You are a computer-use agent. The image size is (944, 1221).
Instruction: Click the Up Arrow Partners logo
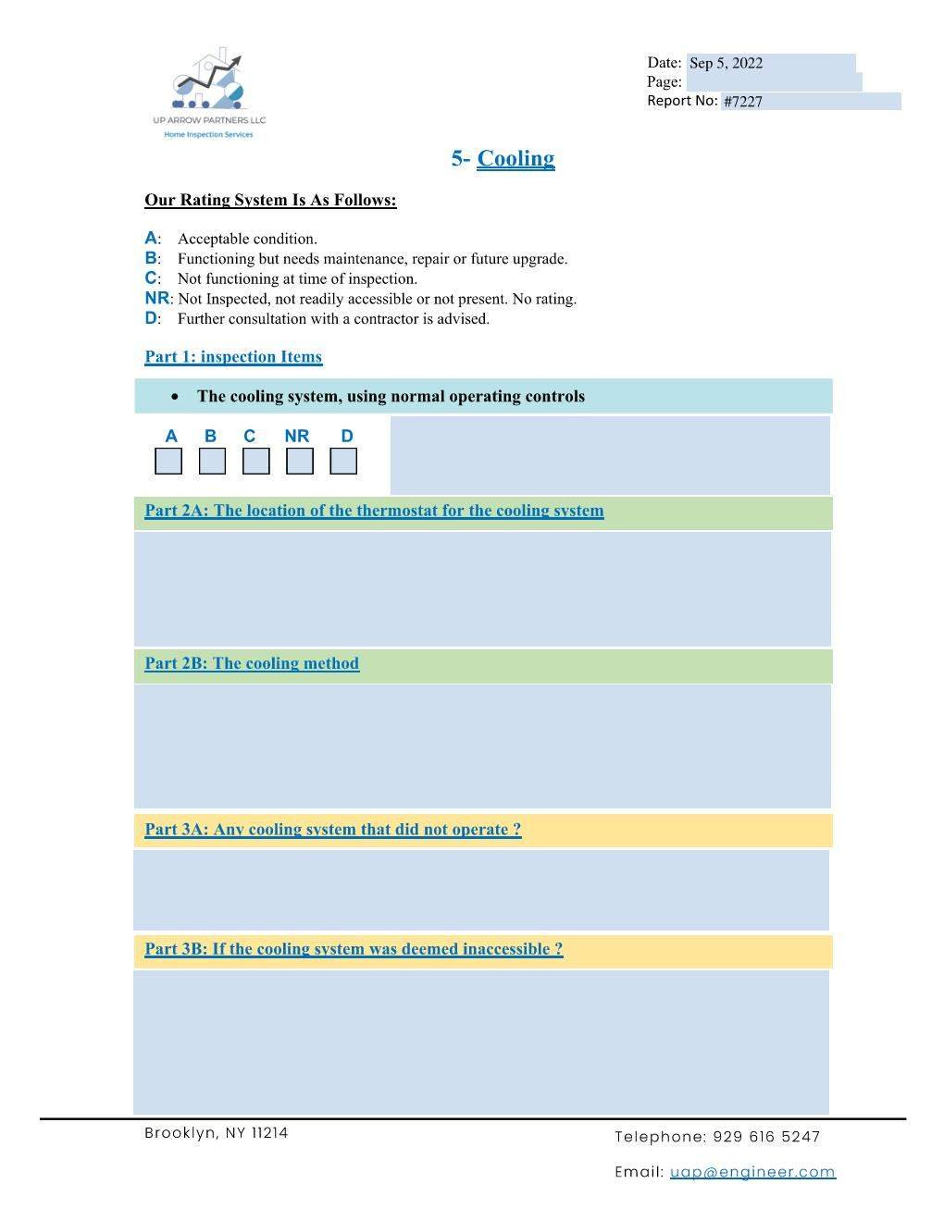209,93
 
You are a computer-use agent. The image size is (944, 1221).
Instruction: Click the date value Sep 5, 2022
726,63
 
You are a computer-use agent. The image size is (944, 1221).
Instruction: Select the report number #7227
743,102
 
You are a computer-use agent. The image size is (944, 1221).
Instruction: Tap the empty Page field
773,82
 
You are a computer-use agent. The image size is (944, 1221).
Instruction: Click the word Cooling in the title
515,158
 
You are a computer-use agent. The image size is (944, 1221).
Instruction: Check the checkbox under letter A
168,461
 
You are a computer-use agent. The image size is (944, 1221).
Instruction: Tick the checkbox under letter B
212,461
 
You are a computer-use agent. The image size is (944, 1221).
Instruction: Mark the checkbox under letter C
256,461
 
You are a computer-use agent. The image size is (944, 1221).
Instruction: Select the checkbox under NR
300,461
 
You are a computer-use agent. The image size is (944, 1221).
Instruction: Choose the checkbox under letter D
343,461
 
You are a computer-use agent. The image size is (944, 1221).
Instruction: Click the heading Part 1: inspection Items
233,357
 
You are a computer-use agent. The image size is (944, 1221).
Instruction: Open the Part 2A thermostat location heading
374,511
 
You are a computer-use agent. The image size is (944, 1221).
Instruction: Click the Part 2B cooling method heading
252,663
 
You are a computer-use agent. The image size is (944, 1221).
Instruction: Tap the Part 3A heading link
333,830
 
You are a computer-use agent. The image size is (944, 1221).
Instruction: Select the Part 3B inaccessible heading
354,949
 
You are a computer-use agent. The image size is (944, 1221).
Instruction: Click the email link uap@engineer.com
752,1172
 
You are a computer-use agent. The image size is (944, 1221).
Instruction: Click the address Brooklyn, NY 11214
217,1133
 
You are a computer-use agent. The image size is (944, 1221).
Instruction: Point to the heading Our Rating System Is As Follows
270,201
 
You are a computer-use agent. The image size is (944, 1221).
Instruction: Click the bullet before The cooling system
175,397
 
